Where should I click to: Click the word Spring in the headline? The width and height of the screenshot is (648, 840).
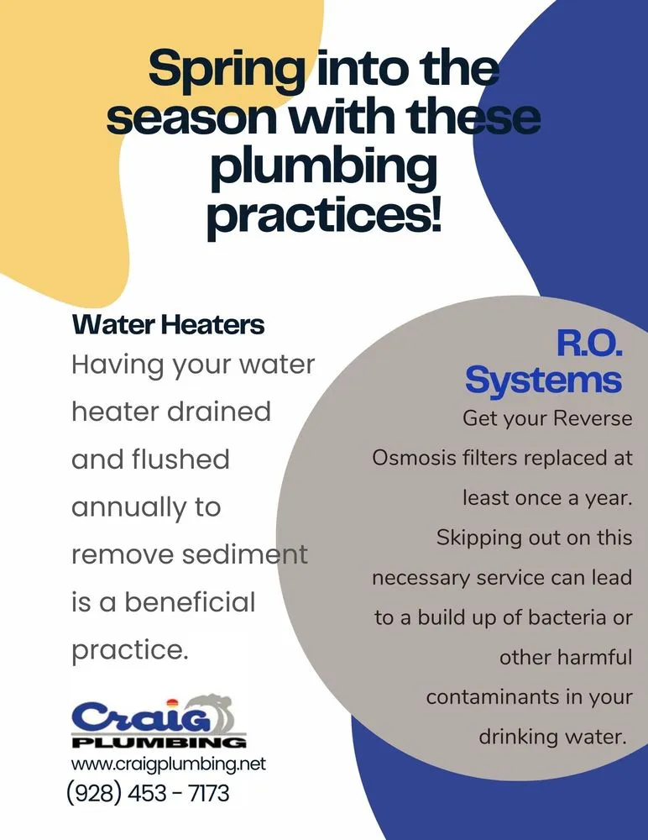tap(226, 70)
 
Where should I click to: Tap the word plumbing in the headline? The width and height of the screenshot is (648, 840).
tap(323, 168)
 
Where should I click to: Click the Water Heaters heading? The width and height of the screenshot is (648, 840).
tap(168, 324)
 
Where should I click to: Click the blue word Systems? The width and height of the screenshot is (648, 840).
tap(544, 381)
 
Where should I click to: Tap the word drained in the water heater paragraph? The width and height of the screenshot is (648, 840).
tap(219, 412)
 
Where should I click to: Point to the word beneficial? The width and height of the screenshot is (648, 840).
tap(190, 601)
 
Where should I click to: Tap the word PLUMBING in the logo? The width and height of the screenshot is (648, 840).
tap(159, 743)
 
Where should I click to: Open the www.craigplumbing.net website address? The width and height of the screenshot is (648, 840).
tap(169, 764)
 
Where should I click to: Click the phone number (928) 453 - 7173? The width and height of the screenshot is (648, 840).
tap(148, 793)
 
